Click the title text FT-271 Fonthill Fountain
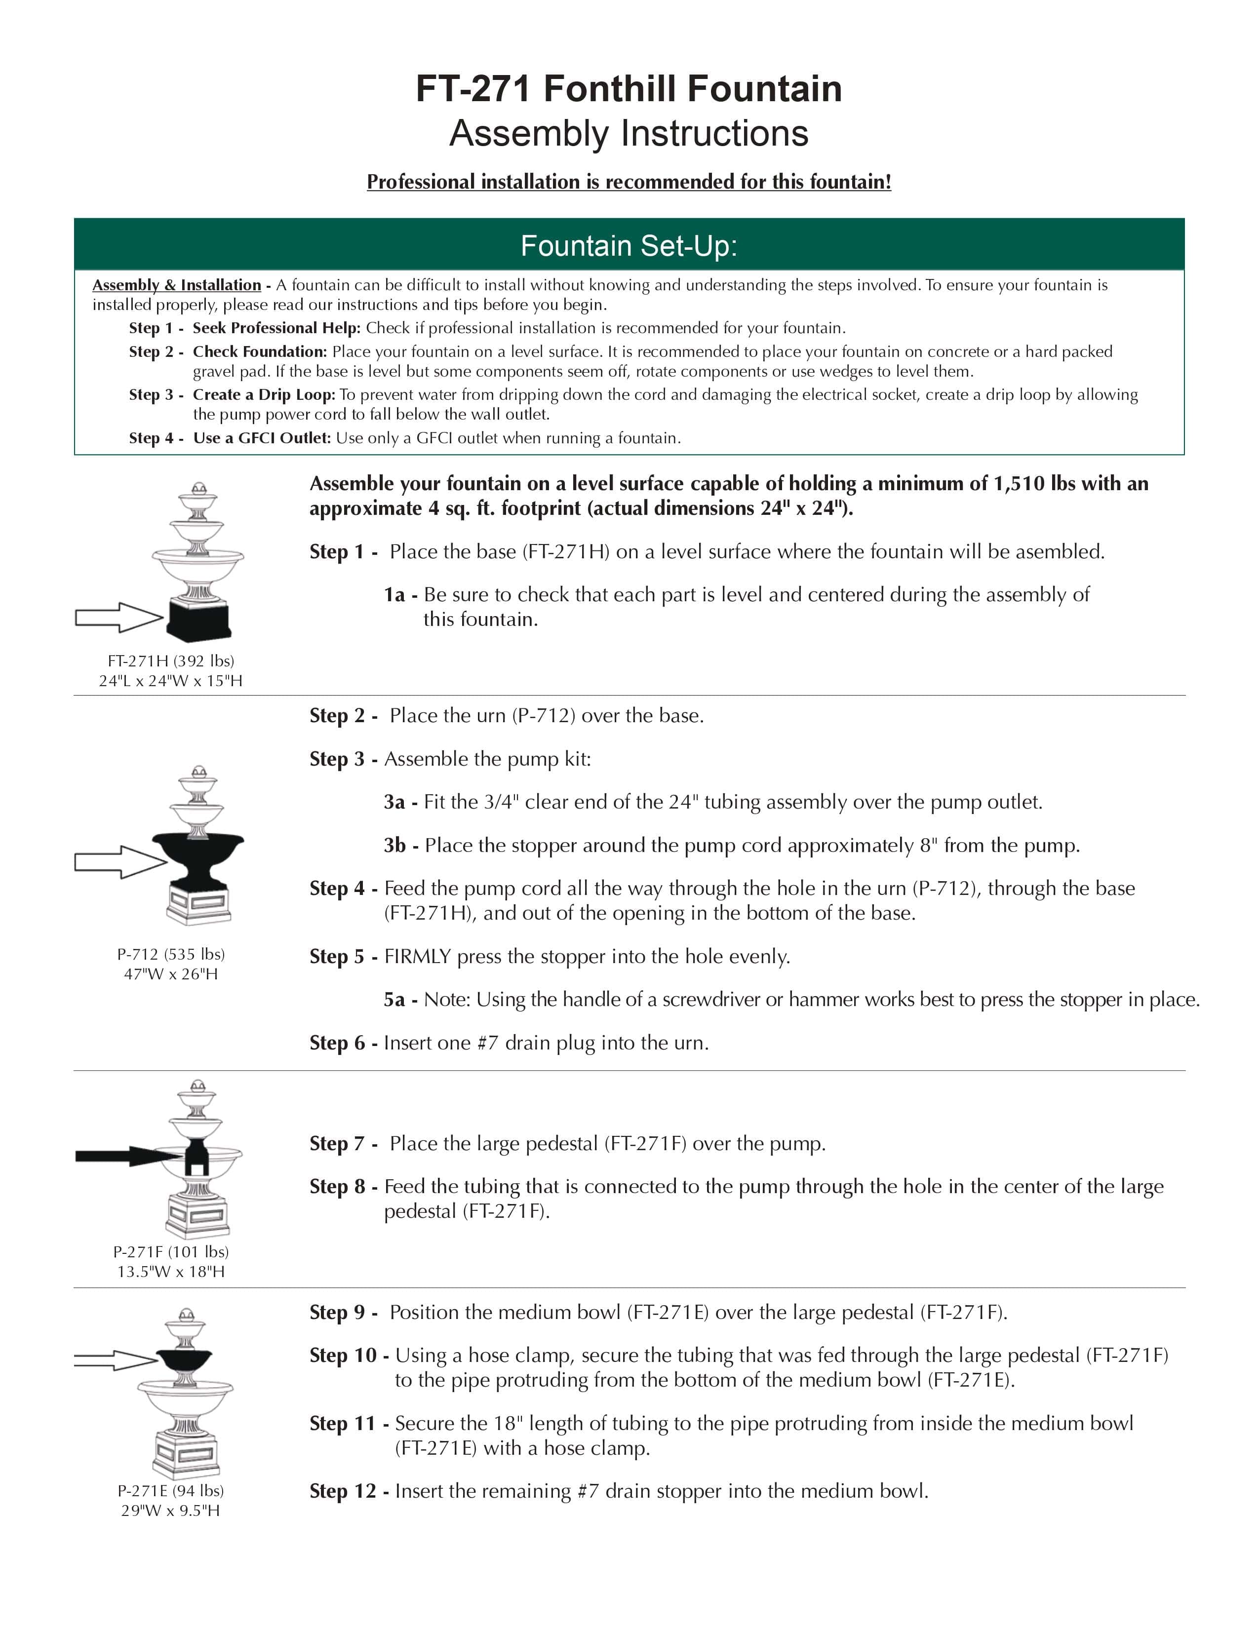pos(629,89)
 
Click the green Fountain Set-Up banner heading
pos(629,245)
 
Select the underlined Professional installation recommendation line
pos(629,182)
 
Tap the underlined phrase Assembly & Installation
pos(176,285)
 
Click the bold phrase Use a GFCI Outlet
pos(261,438)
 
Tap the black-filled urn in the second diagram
pos(197,858)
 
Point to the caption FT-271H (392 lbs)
pos(171,661)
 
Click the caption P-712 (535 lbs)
pos(171,954)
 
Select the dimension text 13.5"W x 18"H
pos(171,1272)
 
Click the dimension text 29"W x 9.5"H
pos(171,1511)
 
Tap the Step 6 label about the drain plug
pos(343,1043)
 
